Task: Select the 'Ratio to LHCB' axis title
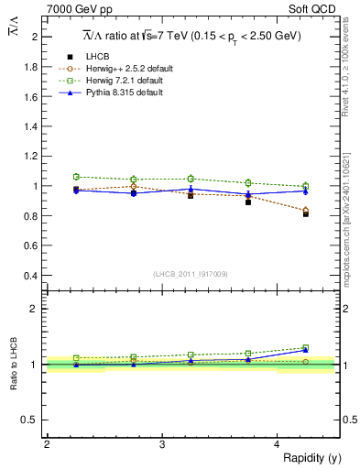click(x=14, y=364)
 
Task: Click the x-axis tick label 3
click(x=162, y=444)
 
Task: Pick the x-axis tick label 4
click(x=278, y=444)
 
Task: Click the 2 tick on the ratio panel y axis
click(x=37, y=309)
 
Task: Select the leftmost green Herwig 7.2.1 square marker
click(x=77, y=177)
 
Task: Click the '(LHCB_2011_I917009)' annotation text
click(x=191, y=274)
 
